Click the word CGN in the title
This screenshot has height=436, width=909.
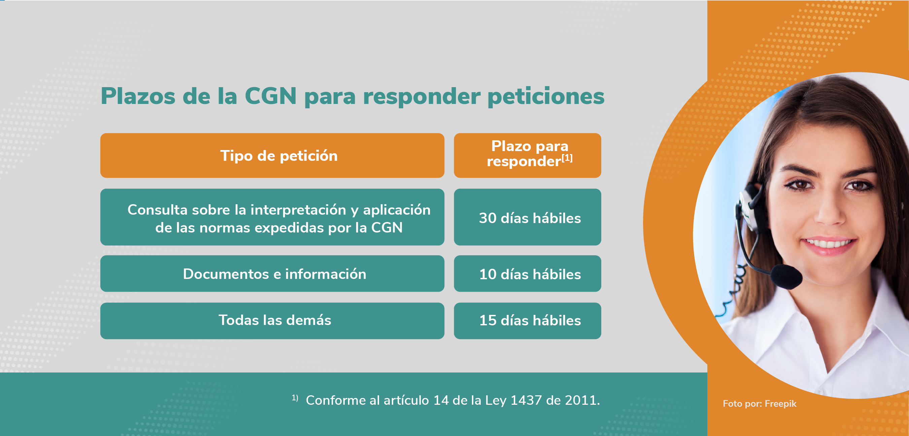270,96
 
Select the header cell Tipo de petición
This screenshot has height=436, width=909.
272,155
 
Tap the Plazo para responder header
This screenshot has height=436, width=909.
528,155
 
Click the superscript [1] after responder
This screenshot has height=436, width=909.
567,158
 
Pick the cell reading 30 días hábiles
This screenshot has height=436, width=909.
528,217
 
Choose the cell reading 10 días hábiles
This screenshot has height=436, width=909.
528,274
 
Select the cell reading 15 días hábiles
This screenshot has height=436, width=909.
528,321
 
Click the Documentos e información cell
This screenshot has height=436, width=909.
272,274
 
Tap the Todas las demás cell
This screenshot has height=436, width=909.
272,321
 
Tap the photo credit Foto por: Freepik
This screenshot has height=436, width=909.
760,404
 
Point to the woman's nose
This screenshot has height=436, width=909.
829,210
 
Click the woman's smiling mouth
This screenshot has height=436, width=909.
828,244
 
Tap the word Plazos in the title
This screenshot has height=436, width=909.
138,96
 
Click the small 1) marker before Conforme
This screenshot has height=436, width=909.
295,398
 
